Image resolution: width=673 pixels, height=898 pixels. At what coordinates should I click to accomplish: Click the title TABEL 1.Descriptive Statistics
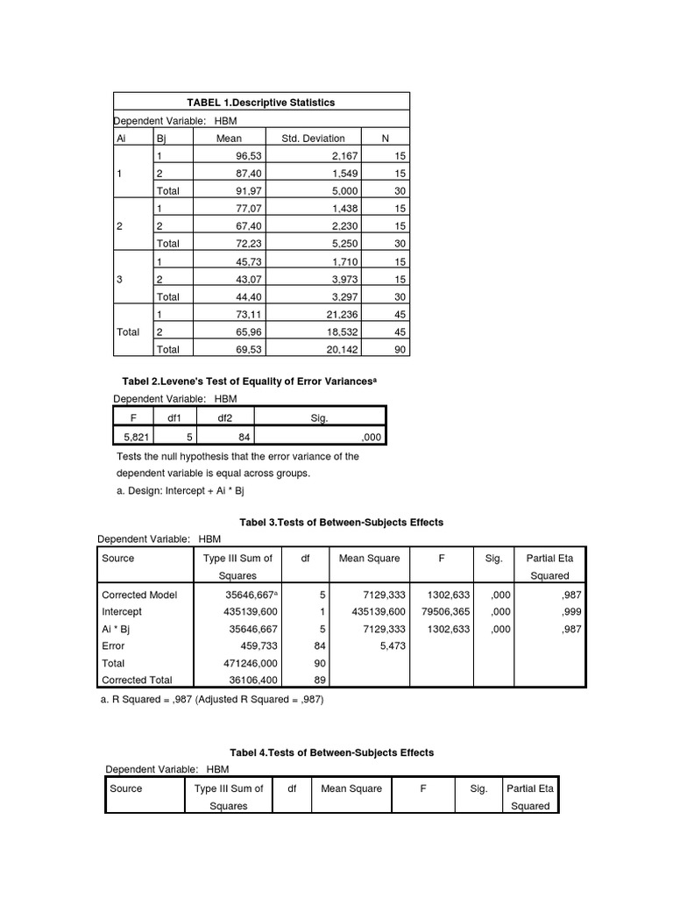pyautogui.click(x=261, y=103)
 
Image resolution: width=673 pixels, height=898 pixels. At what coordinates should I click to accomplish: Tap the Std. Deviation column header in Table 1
pyautogui.click(x=313, y=138)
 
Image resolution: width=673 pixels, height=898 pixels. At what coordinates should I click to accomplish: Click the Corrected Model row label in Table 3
pyautogui.click(x=139, y=595)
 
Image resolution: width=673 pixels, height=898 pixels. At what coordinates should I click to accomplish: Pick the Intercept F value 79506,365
pyautogui.click(x=448, y=611)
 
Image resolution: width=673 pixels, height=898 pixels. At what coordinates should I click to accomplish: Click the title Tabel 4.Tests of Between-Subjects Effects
pyautogui.click(x=331, y=752)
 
